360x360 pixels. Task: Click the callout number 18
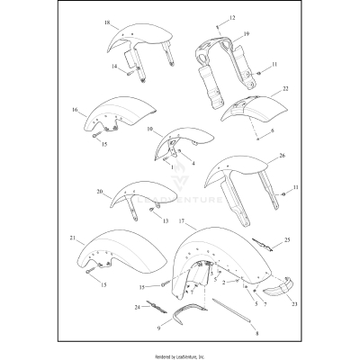107,22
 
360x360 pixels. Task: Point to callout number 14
114,67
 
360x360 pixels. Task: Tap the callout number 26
282,156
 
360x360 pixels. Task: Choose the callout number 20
100,192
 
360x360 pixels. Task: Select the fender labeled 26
238,175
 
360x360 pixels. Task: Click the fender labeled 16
126,110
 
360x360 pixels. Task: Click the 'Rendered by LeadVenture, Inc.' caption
180,353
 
